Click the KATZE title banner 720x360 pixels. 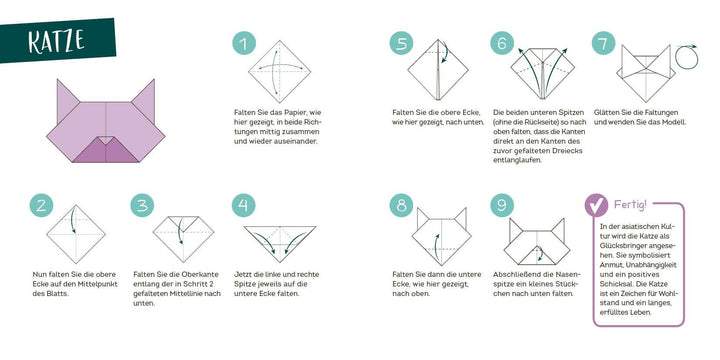coord(57,40)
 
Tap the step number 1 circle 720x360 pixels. coord(244,43)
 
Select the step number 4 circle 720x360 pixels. coord(243,205)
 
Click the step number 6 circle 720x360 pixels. coord(502,43)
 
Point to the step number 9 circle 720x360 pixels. coord(502,205)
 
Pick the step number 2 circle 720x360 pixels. coord(41,205)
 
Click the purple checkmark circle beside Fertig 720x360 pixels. coord(596,205)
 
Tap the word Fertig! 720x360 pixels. coord(630,204)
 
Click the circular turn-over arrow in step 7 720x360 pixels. coord(686,57)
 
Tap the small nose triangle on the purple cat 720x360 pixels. coord(106,140)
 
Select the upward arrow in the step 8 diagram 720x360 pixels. coord(436,245)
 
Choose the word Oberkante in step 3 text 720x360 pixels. coord(202,274)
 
